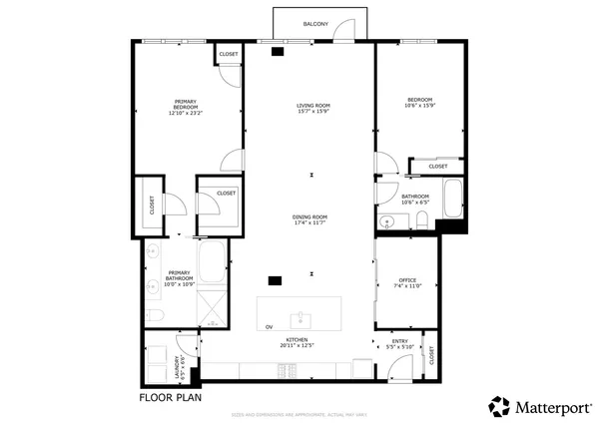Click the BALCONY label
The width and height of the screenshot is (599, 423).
click(316, 23)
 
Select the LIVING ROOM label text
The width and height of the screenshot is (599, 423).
click(312, 108)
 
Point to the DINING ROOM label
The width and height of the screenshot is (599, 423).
click(311, 219)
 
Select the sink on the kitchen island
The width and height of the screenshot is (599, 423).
click(299, 319)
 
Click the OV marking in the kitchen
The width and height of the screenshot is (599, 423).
click(269, 327)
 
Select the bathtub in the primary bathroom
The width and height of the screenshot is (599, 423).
click(213, 262)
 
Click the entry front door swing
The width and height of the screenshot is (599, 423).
click(399, 370)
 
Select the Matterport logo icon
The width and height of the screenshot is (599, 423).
click(499, 406)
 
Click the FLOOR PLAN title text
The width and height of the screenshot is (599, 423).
click(170, 397)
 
